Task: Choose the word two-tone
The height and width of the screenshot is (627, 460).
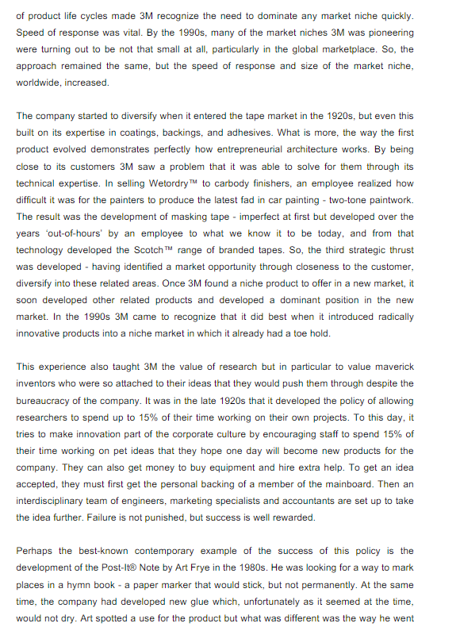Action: tap(339, 199)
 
